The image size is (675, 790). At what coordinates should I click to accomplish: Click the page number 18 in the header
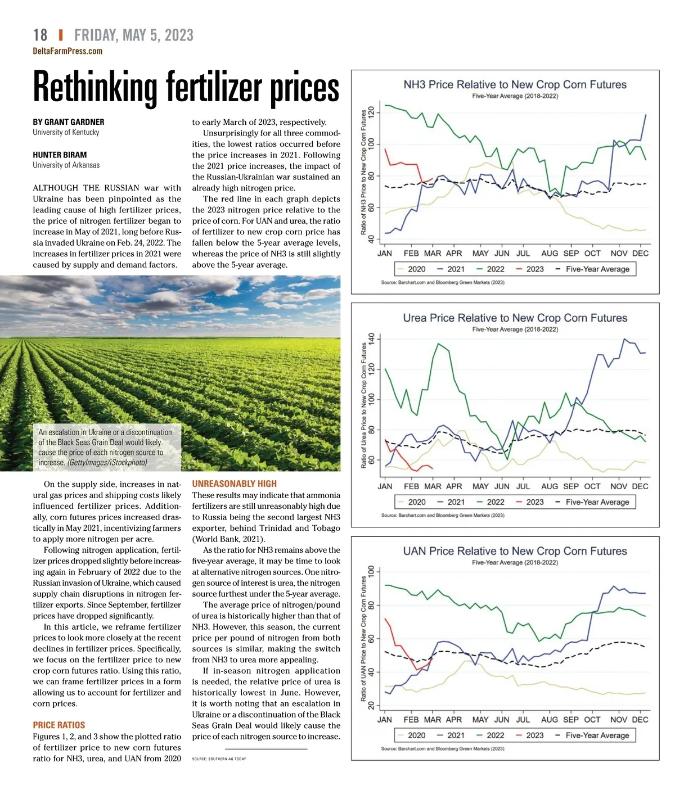pos(40,35)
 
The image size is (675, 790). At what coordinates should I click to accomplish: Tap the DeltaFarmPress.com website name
pos(67,51)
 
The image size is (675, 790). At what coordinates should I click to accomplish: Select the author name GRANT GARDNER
pos(74,122)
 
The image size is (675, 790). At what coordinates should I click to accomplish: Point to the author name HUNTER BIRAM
pos(60,155)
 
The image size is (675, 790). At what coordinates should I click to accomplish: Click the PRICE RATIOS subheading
pos(59,725)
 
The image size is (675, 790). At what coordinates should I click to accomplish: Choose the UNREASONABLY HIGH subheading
pos(235,484)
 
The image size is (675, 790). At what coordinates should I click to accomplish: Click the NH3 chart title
pos(515,85)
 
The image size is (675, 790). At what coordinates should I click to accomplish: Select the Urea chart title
pos(515,318)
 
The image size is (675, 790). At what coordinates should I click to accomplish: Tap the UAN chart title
pos(515,551)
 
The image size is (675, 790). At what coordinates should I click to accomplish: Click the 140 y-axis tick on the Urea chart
pos(371,340)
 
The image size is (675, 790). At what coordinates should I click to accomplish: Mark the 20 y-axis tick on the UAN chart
pos(371,706)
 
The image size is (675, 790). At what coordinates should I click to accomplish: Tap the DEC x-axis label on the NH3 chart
pos(640,254)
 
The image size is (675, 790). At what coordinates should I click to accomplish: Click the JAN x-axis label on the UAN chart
pos(385,720)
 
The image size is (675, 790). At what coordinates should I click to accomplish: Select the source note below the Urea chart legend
pos(443,516)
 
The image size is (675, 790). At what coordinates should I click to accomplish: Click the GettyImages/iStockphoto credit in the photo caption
pos(107,463)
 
